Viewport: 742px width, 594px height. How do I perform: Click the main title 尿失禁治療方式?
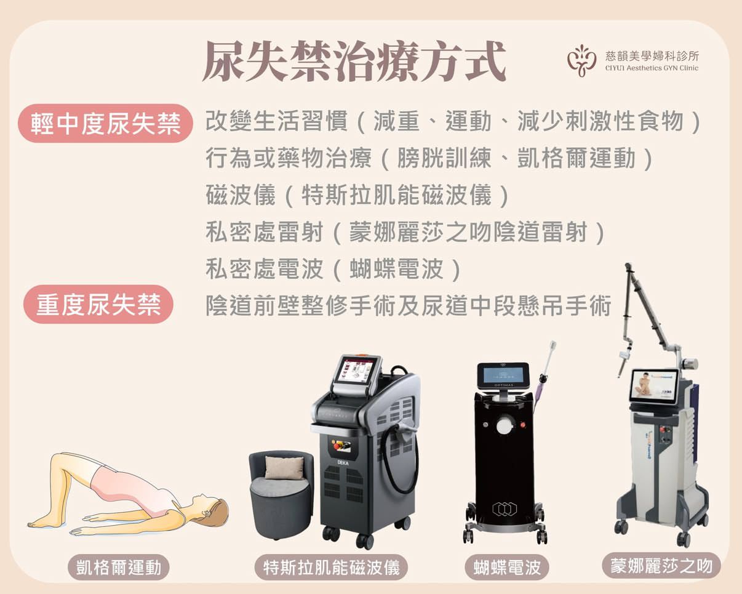pos(354,62)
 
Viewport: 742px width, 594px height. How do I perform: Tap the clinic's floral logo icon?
pos(581,60)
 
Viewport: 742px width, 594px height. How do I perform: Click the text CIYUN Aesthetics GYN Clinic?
pos(652,68)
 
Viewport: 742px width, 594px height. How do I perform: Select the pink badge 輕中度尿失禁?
pos(105,123)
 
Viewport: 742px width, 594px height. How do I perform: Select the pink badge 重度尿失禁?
pos(98,304)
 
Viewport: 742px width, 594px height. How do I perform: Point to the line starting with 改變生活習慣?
pos(453,121)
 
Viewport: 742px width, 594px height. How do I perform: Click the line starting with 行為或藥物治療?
pos(429,158)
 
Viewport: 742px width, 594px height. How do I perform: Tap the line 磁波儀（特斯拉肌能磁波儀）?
pos(357,195)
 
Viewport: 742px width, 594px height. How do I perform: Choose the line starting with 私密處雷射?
pos(405,232)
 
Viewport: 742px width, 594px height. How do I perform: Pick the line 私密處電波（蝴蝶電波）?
pos(333,269)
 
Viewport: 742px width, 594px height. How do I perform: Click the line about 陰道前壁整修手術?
pos(409,306)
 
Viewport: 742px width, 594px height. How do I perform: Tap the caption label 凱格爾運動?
pos(119,568)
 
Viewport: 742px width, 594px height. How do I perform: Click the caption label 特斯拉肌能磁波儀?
pos(331,568)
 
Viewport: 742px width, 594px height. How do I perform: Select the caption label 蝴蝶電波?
pos(506,568)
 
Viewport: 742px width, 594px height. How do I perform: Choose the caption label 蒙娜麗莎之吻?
pos(661,566)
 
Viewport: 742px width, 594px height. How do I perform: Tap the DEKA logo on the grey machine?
pos(343,463)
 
